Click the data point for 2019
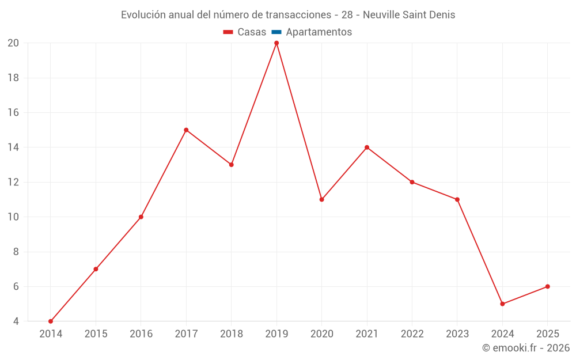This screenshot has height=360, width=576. point(276,43)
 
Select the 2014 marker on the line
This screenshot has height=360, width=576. point(51,321)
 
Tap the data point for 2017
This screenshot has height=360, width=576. point(186,130)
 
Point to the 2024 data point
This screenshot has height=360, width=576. point(502,304)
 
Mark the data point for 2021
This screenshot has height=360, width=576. point(367,147)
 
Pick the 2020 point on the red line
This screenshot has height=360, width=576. point(321,199)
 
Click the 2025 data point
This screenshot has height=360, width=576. point(547,286)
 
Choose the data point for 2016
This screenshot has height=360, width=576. point(141,217)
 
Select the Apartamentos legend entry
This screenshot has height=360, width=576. point(319,32)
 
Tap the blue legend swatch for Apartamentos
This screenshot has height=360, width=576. point(276,32)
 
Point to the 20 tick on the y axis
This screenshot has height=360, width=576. point(13,43)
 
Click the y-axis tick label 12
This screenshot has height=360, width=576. point(13,182)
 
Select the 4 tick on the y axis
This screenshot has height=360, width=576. point(16,321)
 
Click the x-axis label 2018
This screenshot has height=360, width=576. point(232,334)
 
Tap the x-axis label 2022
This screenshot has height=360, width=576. point(412,334)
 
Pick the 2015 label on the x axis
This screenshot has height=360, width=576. point(96,334)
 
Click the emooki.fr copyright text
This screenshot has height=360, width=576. point(526,348)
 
